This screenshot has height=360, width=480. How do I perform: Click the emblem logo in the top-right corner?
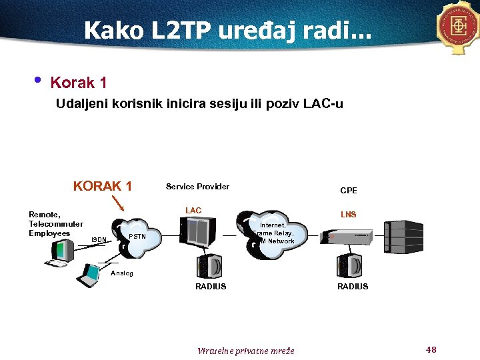click(459, 27)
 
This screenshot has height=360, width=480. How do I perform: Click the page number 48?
click(430, 349)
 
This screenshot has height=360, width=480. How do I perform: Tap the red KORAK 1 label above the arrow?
click(102, 186)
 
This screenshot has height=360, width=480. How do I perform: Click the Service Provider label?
click(197, 187)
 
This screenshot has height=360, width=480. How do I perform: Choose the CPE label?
click(348, 191)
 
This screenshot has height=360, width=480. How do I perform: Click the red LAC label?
click(193, 211)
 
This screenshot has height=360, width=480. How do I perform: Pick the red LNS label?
click(348, 215)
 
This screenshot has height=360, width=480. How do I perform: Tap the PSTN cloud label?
click(137, 237)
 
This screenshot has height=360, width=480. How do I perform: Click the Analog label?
click(122, 273)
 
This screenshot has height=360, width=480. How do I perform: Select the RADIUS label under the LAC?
click(210, 287)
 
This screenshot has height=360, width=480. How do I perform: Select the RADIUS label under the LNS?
click(352, 287)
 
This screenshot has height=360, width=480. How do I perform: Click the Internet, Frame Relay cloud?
click(275, 233)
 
